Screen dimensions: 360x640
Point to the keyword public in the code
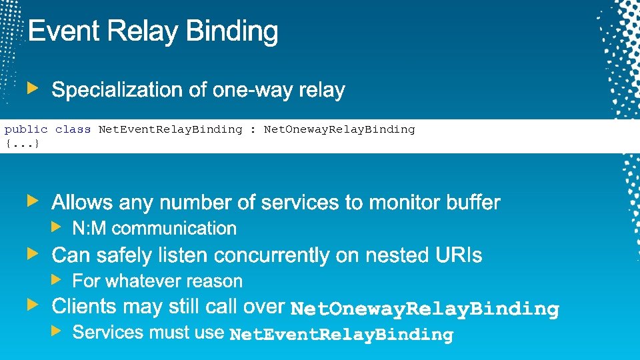pos(26,129)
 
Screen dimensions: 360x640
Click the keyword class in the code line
pos(73,129)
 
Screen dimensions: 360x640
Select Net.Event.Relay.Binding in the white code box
pos(170,129)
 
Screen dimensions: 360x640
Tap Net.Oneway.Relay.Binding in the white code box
pos(339,129)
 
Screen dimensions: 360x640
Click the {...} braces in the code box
pos(22,143)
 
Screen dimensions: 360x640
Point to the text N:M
pos(89,229)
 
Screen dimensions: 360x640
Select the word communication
pos(174,229)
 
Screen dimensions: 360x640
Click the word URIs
pos(457,255)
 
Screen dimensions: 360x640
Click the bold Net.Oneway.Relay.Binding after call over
pos(425,309)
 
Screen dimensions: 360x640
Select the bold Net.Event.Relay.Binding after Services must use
pos(341,335)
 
